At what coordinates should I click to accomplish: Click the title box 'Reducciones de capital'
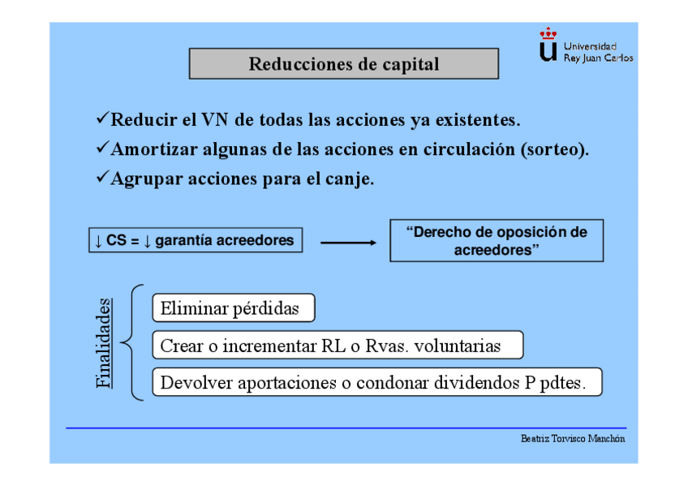tap(343, 64)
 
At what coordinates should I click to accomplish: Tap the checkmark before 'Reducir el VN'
tap(102, 119)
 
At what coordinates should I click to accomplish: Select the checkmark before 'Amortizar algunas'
tap(102, 148)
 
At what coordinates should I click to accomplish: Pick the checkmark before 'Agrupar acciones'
tap(102, 178)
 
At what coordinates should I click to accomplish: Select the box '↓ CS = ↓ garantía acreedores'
tap(195, 241)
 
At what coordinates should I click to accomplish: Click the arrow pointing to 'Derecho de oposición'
tap(349, 242)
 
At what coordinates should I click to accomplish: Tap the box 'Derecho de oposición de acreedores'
tap(496, 240)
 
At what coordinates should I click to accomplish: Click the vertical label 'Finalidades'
tap(104, 342)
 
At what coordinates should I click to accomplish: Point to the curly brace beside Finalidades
tap(133, 342)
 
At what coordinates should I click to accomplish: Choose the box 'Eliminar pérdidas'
tap(233, 308)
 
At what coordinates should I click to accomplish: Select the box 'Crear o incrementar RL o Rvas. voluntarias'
tap(337, 346)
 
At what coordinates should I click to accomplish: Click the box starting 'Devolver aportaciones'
tap(376, 382)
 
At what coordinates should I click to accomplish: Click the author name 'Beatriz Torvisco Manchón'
tap(573, 439)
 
